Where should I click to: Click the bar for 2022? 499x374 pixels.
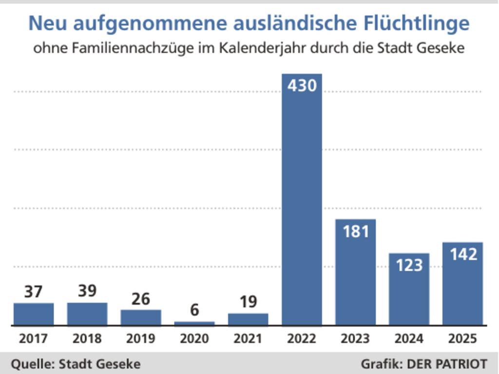click(302, 205)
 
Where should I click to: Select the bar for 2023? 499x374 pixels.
click(355, 278)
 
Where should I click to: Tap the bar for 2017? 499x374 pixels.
click(34, 314)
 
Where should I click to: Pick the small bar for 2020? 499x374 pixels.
click(194, 323)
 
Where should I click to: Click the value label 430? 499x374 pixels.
click(302, 86)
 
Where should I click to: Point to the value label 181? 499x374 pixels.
click(355, 231)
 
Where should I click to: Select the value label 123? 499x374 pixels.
click(409, 265)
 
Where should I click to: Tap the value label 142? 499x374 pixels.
click(462, 254)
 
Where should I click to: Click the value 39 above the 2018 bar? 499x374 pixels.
click(87, 291)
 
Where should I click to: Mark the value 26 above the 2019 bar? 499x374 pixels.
click(141, 299)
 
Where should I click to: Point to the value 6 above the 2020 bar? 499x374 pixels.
click(194, 310)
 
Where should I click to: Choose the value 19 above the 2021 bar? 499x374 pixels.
click(248, 302)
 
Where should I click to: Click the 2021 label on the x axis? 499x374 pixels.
click(248, 338)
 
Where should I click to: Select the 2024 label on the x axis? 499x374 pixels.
click(409, 338)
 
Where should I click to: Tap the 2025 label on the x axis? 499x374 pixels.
click(462, 338)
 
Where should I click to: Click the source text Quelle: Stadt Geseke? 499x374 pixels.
click(76, 364)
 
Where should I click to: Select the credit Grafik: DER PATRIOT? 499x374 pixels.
click(424, 364)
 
